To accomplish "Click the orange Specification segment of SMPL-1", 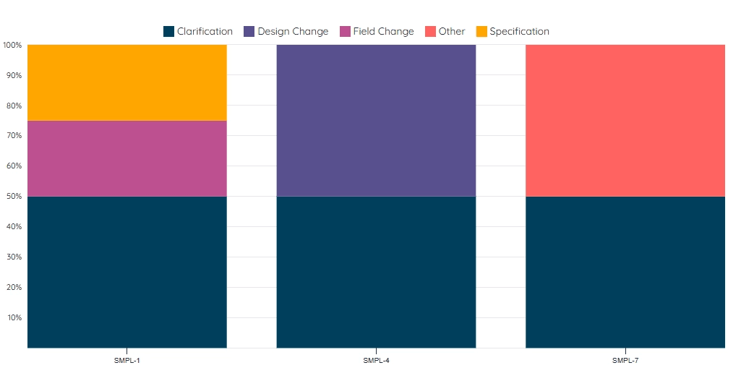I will [x=127, y=82].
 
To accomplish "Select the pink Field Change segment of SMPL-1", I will [x=127, y=158].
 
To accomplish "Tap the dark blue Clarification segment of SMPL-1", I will [x=127, y=272].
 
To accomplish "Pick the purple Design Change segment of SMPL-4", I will [x=376, y=120].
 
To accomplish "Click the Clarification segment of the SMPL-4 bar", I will [x=376, y=272].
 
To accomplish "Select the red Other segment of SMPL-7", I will [x=625, y=120].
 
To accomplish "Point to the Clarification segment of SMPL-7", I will [x=625, y=272].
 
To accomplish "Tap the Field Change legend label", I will [x=383, y=32].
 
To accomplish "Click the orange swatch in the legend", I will [x=481, y=32].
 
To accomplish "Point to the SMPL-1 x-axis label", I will [x=127, y=360].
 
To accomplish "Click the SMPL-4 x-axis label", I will [x=376, y=360].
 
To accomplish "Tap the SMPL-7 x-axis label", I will [x=625, y=360].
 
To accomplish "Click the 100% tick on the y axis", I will [x=12, y=46].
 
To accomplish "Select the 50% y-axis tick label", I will [x=14, y=197].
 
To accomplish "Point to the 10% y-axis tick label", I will [x=14, y=318].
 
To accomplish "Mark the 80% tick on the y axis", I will [x=14, y=106].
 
